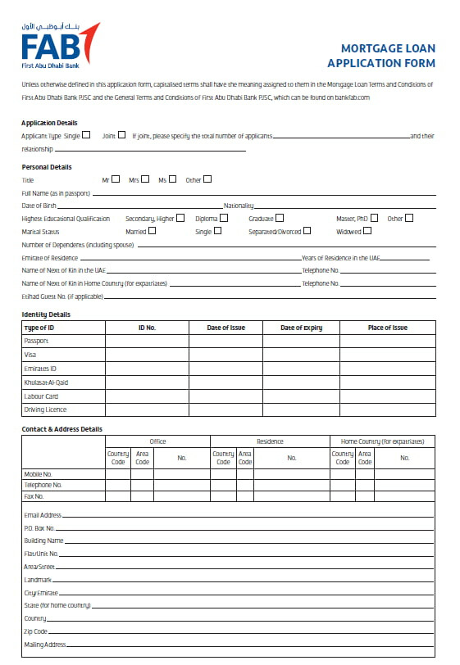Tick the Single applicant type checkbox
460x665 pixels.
[86, 135]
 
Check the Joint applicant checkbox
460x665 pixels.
[121, 135]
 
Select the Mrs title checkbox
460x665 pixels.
[146, 179]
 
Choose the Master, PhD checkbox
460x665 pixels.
[374, 219]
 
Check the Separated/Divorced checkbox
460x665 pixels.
[308, 232]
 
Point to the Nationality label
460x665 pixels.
[238, 206]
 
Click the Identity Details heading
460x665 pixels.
[46, 314]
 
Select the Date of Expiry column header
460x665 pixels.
[301, 328]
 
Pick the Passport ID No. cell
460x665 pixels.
[147, 341]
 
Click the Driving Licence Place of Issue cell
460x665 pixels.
[387, 409]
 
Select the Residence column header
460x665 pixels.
[270, 441]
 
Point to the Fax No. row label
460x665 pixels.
[34, 496]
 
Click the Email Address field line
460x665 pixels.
[246, 517]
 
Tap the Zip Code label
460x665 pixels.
[36, 631]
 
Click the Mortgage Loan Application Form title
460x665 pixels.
[381, 56]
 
